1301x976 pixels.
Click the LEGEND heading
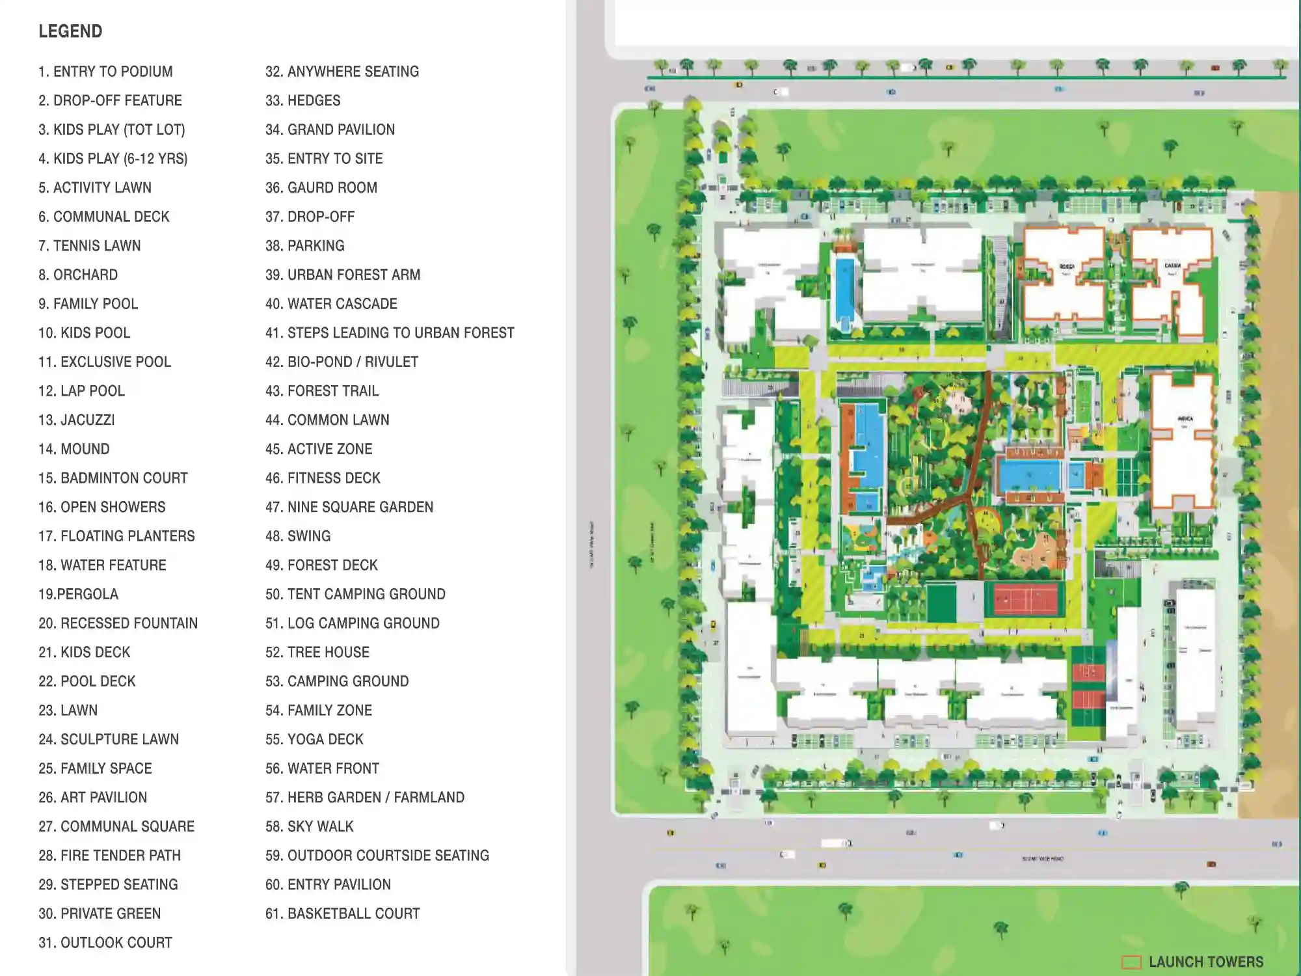(x=70, y=31)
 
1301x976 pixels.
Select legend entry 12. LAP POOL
(x=81, y=391)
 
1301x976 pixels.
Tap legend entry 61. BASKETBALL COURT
(x=342, y=914)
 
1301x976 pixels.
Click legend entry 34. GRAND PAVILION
(x=330, y=129)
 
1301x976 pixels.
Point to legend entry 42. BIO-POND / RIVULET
(x=342, y=362)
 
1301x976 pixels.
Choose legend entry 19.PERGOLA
(x=78, y=594)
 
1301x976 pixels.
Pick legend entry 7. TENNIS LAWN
(x=89, y=246)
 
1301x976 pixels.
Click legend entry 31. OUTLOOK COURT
(x=105, y=943)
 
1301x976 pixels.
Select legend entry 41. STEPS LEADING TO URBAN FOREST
(x=390, y=333)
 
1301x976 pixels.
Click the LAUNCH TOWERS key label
(x=1205, y=962)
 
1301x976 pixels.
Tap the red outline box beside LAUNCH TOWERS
(x=1131, y=962)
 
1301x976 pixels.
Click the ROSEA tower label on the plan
(x=1066, y=267)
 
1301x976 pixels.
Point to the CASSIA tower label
(x=1172, y=266)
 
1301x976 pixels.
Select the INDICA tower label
(x=1185, y=419)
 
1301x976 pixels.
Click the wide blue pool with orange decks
(x=1029, y=475)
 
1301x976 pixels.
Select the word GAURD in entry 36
(x=309, y=188)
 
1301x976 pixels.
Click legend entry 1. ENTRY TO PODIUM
(x=105, y=72)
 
